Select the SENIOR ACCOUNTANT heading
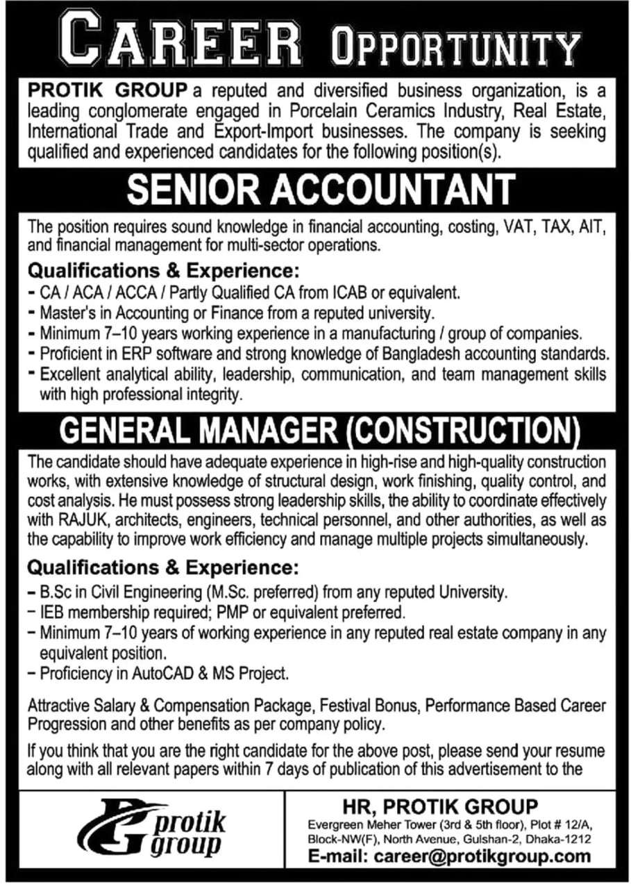tap(320, 189)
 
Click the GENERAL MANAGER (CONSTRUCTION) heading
tap(320, 431)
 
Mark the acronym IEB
tap(51, 613)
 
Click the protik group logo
tap(152, 826)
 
